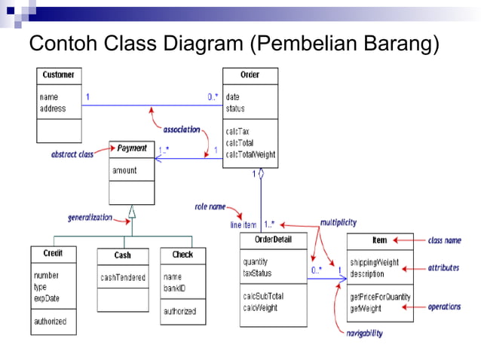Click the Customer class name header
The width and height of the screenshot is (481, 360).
click(x=58, y=75)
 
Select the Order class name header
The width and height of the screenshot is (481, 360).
click(x=250, y=75)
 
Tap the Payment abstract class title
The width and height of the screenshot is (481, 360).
click(x=132, y=148)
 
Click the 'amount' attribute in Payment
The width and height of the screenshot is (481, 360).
click(x=124, y=170)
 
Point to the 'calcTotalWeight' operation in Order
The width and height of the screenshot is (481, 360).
click(x=250, y=154)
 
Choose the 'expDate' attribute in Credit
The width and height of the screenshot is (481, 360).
click(x=47, y=298)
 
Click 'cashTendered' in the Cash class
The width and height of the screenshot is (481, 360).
click(x=123, y=278)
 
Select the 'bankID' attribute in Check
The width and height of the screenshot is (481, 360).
click(x=175, y=288)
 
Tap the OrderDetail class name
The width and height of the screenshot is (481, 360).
click(x=272, y=239)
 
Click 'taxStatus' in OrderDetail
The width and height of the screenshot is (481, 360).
click(x=257, y=273)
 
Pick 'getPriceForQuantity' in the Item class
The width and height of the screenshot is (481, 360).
click(x=380, y=297)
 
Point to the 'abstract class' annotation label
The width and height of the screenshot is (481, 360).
click(x=72, y=154)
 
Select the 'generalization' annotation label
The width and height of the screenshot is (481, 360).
click(x=90, y=218)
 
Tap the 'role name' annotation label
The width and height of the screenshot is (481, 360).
click(x=210, y=206)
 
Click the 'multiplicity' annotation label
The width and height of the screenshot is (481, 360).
click(x=338, y=223)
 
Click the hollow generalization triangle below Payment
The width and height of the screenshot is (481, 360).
click(x=131, y=211)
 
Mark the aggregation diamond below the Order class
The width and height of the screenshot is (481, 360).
click(x=261, y=174)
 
